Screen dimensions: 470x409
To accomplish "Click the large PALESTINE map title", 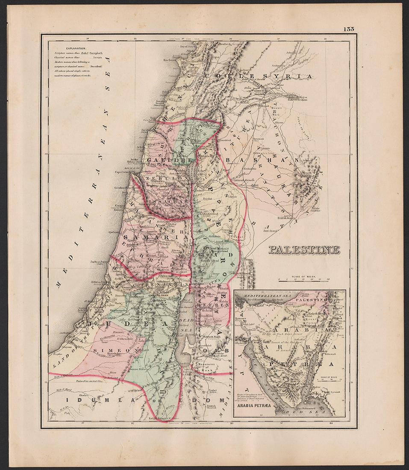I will point(304,250).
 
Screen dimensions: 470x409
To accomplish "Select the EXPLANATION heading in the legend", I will point(74,49).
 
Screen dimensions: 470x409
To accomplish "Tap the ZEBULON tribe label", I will point(157,180).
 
